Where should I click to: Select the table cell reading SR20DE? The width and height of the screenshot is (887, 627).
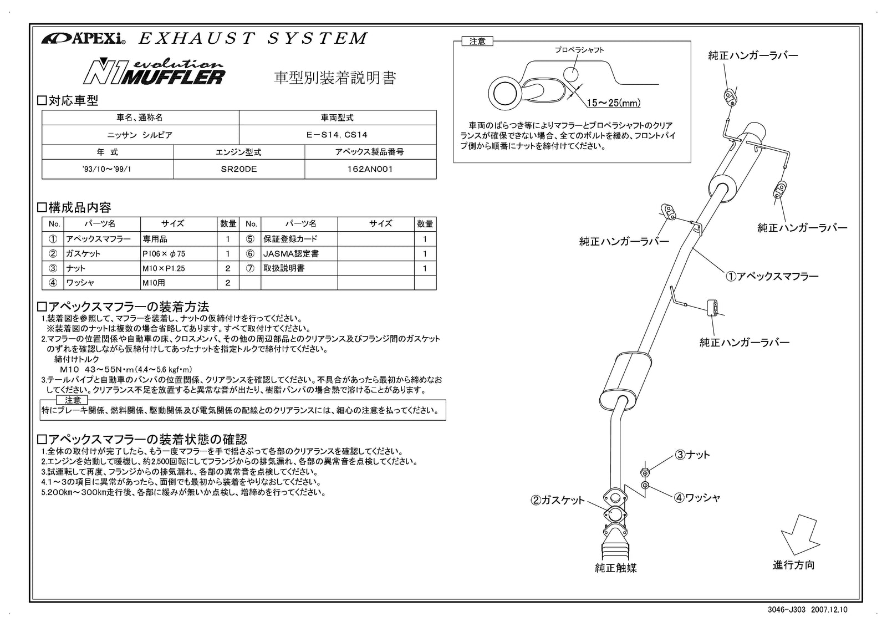[x=239, y=169]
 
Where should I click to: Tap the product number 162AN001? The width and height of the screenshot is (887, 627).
[x=370, y=169]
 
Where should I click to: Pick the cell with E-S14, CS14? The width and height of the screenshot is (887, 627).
[x=337, y=134]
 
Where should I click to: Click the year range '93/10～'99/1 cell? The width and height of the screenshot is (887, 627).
[x=108, y=169]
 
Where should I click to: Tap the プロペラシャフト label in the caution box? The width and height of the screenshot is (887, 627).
[x=579, y=50]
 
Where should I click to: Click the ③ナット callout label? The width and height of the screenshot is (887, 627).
[x=692, y=455]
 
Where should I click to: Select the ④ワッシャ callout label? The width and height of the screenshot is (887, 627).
[x=697, y=498]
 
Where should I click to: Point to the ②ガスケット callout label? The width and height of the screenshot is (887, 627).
[x=558, y=500]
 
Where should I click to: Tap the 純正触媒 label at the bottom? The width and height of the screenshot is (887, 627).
[x=615, y=568]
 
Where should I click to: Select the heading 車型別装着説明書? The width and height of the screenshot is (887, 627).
[x=335, y=78]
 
